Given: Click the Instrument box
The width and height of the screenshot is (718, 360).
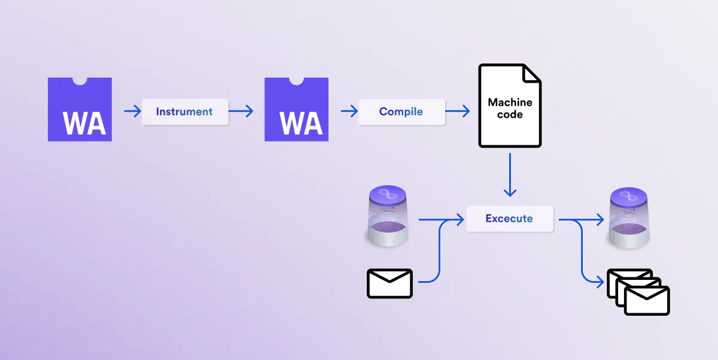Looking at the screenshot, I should tap(185, 112).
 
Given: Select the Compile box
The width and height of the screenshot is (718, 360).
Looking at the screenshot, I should tap(401, 112).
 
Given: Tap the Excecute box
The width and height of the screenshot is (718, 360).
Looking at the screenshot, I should tap(509, 219).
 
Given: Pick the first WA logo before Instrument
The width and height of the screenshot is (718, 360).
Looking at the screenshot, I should tap(80, 109).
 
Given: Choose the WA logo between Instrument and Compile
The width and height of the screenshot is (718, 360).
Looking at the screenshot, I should tap(296, 109).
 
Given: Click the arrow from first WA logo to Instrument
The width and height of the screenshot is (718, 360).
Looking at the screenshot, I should tap(132, 111).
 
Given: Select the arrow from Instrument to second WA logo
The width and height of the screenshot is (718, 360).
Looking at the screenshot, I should tap(241, 111).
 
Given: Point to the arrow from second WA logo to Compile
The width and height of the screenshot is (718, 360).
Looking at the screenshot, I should tap(348, 111).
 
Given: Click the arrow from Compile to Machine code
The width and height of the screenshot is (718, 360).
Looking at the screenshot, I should tap(457, 111).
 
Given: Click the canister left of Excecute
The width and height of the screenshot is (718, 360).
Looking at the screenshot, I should tap(388, 216).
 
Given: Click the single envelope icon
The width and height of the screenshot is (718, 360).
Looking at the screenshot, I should tap(390, 283).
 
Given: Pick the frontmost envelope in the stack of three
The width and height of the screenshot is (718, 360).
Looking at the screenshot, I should tap(647, 300).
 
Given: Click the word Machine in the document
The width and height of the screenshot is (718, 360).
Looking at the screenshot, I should tap(510, 102).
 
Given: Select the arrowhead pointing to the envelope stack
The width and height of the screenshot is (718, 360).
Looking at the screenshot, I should tap(600, 280).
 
